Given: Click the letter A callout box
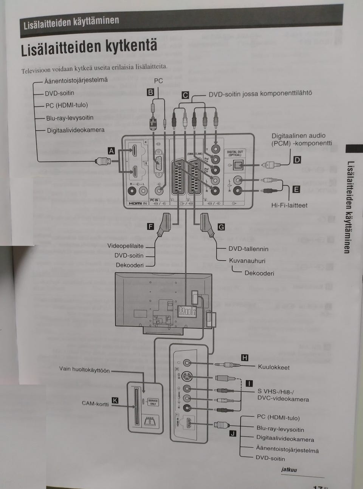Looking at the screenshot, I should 111,151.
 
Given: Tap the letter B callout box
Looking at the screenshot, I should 150,92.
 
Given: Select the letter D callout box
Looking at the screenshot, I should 297,160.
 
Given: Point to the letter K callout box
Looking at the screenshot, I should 115,401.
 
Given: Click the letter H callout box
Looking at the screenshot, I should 245,358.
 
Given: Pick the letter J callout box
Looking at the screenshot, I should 233,433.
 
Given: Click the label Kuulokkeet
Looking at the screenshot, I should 274,367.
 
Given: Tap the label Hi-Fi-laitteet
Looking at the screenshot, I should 289,205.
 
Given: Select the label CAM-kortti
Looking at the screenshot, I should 95,403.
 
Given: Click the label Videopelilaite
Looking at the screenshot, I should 125,246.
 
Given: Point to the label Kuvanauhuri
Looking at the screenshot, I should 247,261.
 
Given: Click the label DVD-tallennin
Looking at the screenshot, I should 248,249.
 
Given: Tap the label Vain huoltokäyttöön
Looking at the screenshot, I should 84,369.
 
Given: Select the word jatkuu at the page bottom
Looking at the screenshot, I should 289,470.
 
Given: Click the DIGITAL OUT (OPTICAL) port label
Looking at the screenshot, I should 235,153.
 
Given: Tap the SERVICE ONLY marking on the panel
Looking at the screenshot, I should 153,402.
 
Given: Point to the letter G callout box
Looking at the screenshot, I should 221,227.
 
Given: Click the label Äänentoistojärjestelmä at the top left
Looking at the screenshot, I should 76,80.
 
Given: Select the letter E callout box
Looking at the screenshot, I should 296,190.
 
